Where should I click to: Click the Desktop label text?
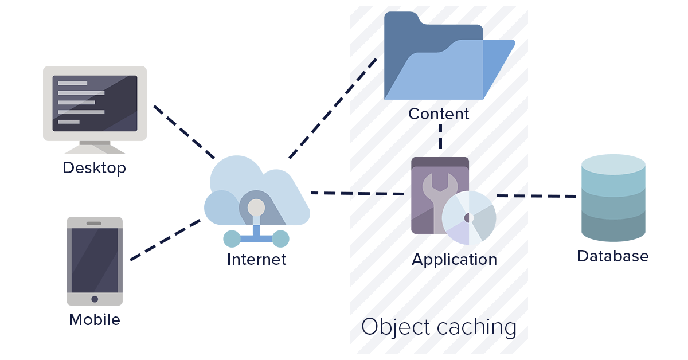tap(94, 168)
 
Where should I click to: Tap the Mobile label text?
tap(95, 319)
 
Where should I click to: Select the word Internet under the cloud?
tap(256, 259)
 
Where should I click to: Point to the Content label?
tap(439, 114)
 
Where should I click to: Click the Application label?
tap(454, 259)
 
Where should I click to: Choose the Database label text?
tap(612, 256)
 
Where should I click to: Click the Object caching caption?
tap(439, 327)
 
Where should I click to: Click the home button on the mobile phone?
tap(95, 299)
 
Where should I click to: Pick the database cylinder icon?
tap(613, 198)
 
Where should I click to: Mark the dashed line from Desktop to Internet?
tap(183, 131)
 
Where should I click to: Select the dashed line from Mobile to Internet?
tap(165, 240)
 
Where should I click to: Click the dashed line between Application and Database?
tap(536, 196)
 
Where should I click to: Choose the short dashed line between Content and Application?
tap(440, 139)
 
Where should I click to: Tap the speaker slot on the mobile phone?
tap(95, 223)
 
